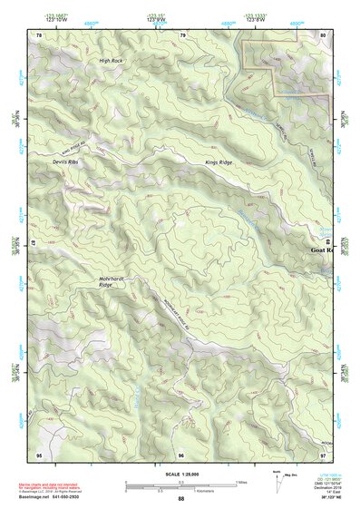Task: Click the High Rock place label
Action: coord(111,60)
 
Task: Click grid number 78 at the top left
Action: coord(40,34)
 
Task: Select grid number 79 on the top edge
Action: coord(183,34)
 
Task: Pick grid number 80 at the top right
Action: coord(323,34)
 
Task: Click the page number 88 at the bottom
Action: coord(180,499)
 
